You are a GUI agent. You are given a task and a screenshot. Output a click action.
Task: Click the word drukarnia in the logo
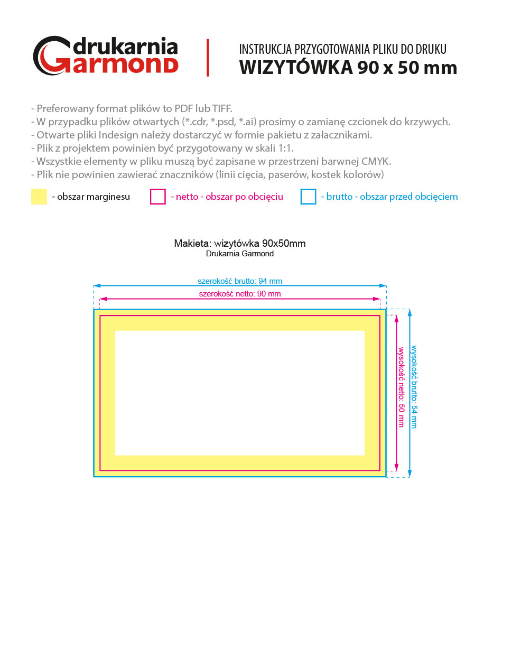click(125, 47)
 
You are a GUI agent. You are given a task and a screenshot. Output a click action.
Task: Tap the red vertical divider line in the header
click(208, 58)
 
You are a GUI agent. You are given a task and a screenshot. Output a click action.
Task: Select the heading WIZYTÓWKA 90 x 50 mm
click(348, 68)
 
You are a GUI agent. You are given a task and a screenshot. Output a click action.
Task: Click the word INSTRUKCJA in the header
click(265, 49)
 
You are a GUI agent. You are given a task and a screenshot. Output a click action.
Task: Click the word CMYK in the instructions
click(375, 161)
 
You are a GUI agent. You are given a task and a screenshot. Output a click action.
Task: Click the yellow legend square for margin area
click(39, 197)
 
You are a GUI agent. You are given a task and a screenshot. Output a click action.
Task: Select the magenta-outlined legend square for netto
click(158, 197)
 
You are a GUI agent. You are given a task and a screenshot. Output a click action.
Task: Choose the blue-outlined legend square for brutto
click(308, 197)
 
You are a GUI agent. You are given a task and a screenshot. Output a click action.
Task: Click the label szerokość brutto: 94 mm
click(240, 281)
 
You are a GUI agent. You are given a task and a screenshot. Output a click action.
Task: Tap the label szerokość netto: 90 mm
click(240, 294)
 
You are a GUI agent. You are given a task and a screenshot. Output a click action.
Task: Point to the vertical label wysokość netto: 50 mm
click(401, 387)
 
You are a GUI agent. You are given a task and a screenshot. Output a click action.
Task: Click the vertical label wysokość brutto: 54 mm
click(414, 387)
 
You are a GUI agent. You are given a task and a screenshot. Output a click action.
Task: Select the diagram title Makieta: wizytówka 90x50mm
click(240, 244)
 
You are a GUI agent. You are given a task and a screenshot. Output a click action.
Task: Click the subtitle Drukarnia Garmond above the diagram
click(240, 254)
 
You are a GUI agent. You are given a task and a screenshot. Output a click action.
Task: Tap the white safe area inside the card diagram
click(240, 393)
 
